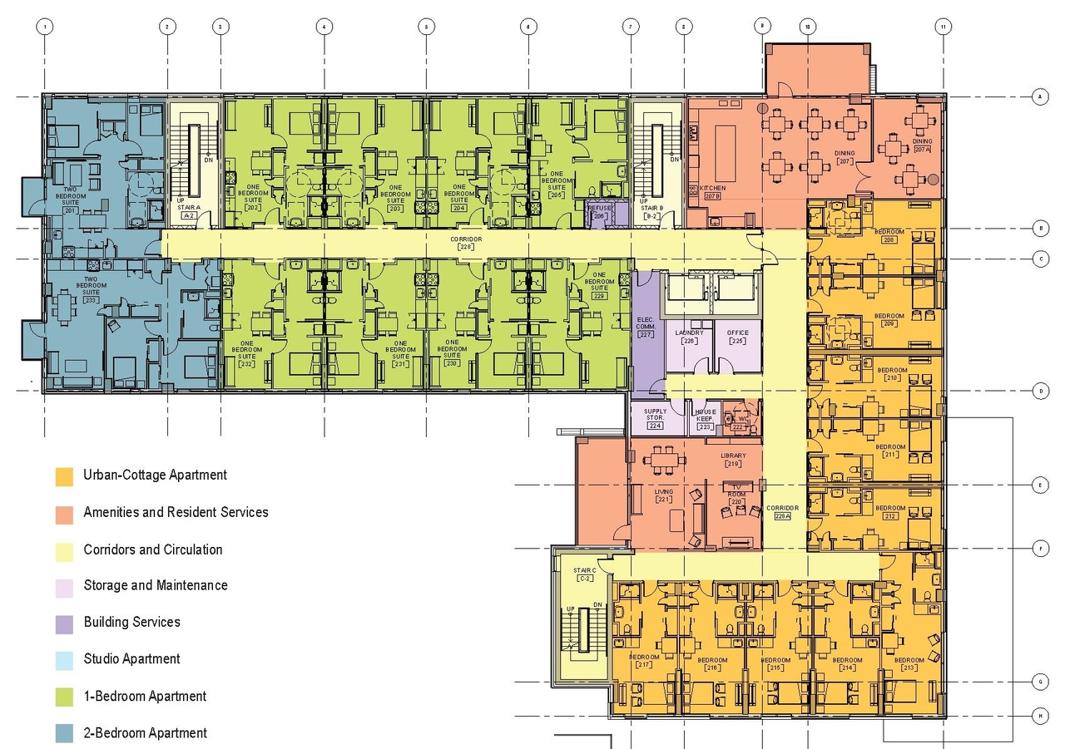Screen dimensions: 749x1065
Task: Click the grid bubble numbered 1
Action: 45,27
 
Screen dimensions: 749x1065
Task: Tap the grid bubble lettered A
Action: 1040,97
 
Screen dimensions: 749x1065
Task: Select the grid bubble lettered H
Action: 1040,715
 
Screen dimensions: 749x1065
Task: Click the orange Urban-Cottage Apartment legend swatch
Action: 64,476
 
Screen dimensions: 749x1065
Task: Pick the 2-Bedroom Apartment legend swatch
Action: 64,733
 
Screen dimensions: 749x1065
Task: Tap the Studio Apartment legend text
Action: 131,659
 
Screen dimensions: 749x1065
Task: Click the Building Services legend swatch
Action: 64,623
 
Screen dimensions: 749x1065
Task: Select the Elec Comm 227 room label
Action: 646,326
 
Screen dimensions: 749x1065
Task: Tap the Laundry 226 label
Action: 690,337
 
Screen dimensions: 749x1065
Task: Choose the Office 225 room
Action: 738,337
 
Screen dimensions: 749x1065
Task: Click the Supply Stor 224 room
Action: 655,418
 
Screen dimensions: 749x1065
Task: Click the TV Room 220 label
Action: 736,495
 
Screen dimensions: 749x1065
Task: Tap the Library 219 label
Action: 734,460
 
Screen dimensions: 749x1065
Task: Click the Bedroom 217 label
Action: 645,661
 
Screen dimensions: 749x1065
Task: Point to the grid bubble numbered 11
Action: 942,27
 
